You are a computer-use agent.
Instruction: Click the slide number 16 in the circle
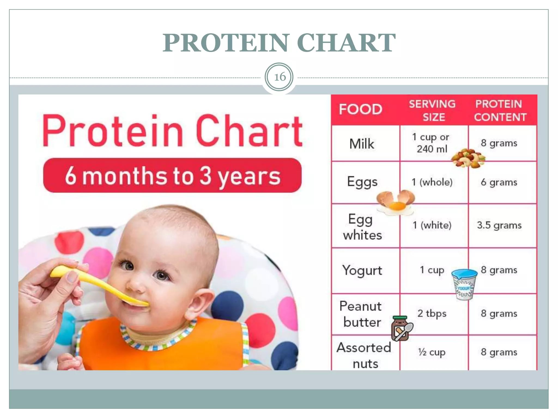[x=280, y=77]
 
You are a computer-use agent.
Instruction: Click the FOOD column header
[x=360, y=109]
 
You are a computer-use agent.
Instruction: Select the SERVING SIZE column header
[x=432, y=110]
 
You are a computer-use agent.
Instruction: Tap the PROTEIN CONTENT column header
[x=500, y=110]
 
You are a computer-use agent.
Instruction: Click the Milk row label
[x=362, y=144]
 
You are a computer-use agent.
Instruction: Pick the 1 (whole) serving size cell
[x=432, y=182]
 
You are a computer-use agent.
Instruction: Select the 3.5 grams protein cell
[x=499, y=225]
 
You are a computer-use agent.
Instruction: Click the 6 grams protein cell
[x=499, y=182]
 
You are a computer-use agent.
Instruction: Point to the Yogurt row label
[x=362, y=271]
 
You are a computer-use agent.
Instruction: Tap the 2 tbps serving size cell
[x=432, y=313]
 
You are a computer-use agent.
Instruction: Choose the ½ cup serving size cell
[x=432, y=352]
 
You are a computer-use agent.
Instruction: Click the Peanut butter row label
[x=361, y=314]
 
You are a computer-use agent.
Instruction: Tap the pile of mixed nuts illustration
[x=468, y=158]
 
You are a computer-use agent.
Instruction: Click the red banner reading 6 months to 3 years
[x=172, y=175]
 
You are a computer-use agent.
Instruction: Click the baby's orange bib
[x=163, y=346]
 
